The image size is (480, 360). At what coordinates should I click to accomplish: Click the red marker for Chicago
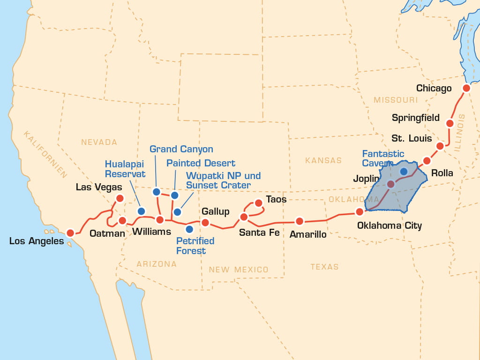(466, 88)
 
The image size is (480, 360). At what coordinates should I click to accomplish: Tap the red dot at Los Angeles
(70, 232)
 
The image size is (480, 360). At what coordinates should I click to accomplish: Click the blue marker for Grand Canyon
(157, 192)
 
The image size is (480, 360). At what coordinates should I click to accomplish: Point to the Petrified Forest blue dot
(189, 229)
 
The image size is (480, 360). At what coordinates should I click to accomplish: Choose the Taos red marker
(258, 203)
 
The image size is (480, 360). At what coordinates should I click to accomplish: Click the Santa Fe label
(259, 232)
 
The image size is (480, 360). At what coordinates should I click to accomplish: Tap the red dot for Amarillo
(299, 221)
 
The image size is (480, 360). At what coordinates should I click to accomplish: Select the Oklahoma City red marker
(360, 211)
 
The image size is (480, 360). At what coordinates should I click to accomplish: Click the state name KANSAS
(323, 160)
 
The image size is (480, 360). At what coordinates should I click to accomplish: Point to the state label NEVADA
(99, 142)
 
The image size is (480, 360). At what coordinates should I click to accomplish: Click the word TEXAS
(324, 267)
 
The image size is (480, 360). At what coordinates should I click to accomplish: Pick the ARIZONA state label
(157, 264)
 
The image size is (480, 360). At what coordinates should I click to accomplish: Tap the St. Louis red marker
(440, 146)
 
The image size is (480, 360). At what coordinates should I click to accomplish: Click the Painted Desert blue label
(201, 163)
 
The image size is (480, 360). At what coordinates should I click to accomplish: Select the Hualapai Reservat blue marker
(141, 210)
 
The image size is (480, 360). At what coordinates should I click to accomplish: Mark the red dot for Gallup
(205, 223)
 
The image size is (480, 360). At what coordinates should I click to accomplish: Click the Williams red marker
(160, 219)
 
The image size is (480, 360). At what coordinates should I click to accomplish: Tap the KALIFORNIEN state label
(46, 155)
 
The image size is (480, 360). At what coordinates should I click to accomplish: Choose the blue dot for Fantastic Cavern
(404, 172)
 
